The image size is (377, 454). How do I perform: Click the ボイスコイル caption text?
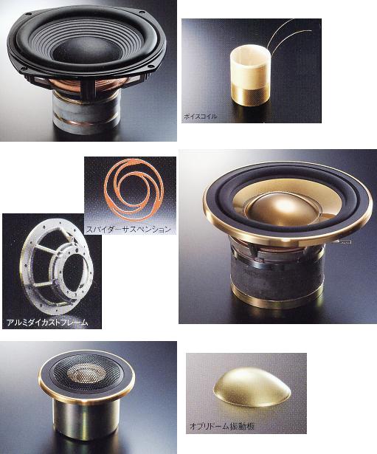(x=200, y=117)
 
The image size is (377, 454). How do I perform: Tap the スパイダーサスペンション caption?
(x=129, y=230)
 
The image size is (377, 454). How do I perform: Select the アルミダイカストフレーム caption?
(x=47, y=323)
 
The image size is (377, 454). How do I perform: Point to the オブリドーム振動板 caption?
(x=222, y=426)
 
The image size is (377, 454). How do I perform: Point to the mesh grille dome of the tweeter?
(x=86, y=373)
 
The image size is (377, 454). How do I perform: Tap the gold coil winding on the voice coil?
(x=250, y=93)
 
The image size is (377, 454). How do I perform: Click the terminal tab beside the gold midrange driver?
(x=344, y=241)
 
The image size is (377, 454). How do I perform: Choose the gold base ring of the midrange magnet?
(x=277, y=297)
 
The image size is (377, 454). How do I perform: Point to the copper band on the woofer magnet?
(x=86, y=123)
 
